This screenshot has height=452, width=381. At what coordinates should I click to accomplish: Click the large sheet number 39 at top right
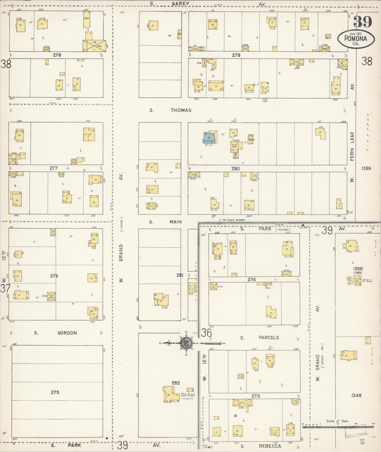click(363, 22)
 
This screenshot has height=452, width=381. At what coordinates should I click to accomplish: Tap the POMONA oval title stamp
click(356, 39)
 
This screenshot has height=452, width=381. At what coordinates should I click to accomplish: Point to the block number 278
click(57, 55)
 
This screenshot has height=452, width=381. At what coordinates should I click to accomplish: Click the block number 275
click(55, 392)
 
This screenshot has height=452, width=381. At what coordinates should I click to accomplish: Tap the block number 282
click(176, 383)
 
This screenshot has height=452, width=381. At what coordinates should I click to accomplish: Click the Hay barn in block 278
click(94, 46)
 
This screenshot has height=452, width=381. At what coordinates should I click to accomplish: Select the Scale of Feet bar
click(337, 427)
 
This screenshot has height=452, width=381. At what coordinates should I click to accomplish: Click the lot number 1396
click(366, 168)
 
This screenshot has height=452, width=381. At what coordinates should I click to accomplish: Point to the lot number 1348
click(356, 395)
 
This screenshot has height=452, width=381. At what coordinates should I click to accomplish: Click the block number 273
click(255, 396)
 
